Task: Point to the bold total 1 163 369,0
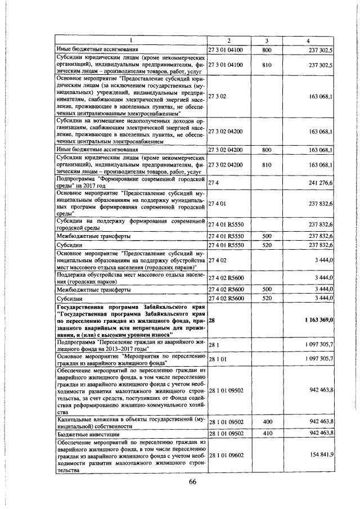point(319,319)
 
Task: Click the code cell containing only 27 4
point(213,182)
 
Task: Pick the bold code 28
point(211,319)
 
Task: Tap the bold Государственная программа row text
point(132,319)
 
